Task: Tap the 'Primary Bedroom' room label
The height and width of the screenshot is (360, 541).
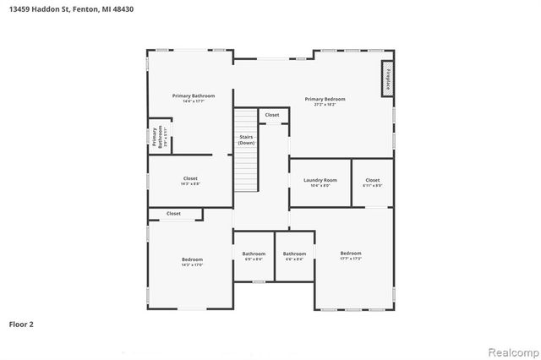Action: pyautogui.click(x=325, y=99)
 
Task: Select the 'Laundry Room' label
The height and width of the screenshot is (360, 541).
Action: pyautogui.click(x=320, y=180)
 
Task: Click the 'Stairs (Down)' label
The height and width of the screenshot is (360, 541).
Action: pyautogui.click(x=246, y=140)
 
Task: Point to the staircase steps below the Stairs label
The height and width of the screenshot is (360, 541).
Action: pyautogui.click(x=245, y=169)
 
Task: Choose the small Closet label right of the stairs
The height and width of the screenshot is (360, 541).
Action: pyautogui.click(x=272, y=115)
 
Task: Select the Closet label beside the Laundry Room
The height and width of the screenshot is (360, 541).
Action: pyautogui.click(x=373, y=180)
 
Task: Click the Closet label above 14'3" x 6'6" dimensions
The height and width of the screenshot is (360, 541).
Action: pyautogui.click(x=190, y=178)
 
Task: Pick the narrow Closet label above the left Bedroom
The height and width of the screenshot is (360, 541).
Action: pyautogui.click(x=173, y=214)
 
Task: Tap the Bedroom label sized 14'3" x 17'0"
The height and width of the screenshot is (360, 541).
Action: pyautogui.click(x=192, y=259)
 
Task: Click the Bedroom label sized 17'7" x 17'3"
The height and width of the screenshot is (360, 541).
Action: pyautogui.click(x=351, y=254)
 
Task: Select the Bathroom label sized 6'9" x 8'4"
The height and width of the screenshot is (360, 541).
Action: pyautogui.click(x=254, y=254)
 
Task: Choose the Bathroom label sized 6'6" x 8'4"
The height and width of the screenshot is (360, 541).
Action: pyautogui.click(x=294, y=254)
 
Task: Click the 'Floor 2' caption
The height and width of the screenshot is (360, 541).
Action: pyautogui.click(x=21, y=324)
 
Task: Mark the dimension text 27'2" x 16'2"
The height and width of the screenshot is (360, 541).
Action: pyautogui.click(x=325, y=105)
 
